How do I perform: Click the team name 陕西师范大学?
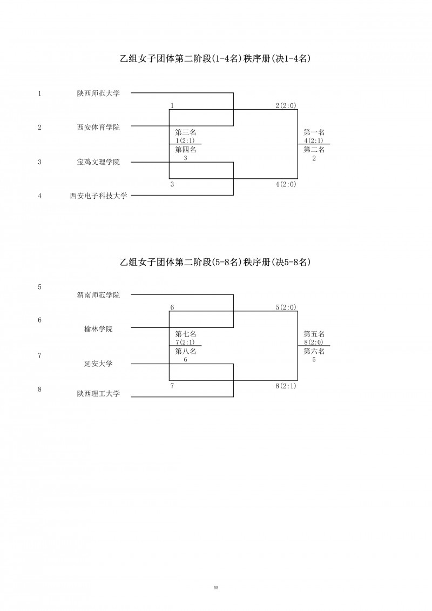(98, 93)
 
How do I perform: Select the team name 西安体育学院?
(98, 127)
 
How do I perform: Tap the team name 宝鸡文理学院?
(98, 162)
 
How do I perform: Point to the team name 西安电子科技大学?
(98, 196)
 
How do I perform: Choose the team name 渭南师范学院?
(98, 295)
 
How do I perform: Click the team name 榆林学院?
(98, 329)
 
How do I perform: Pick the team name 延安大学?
(98, 364)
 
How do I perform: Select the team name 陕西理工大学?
(98, 394)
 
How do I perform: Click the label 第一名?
(314, 132)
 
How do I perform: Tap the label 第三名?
(185, 132)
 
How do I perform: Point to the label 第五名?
(314, 334)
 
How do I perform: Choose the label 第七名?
(185, 334)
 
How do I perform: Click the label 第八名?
(185, 351)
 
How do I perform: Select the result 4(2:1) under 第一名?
(314, 140)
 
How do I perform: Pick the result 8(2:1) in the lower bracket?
(286, 386)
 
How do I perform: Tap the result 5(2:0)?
(286, 307)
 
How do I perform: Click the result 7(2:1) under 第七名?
(185, 342)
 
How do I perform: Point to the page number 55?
(216, 587)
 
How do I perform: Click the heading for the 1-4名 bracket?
(216, 59)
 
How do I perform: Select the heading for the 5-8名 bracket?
(216, 263)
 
